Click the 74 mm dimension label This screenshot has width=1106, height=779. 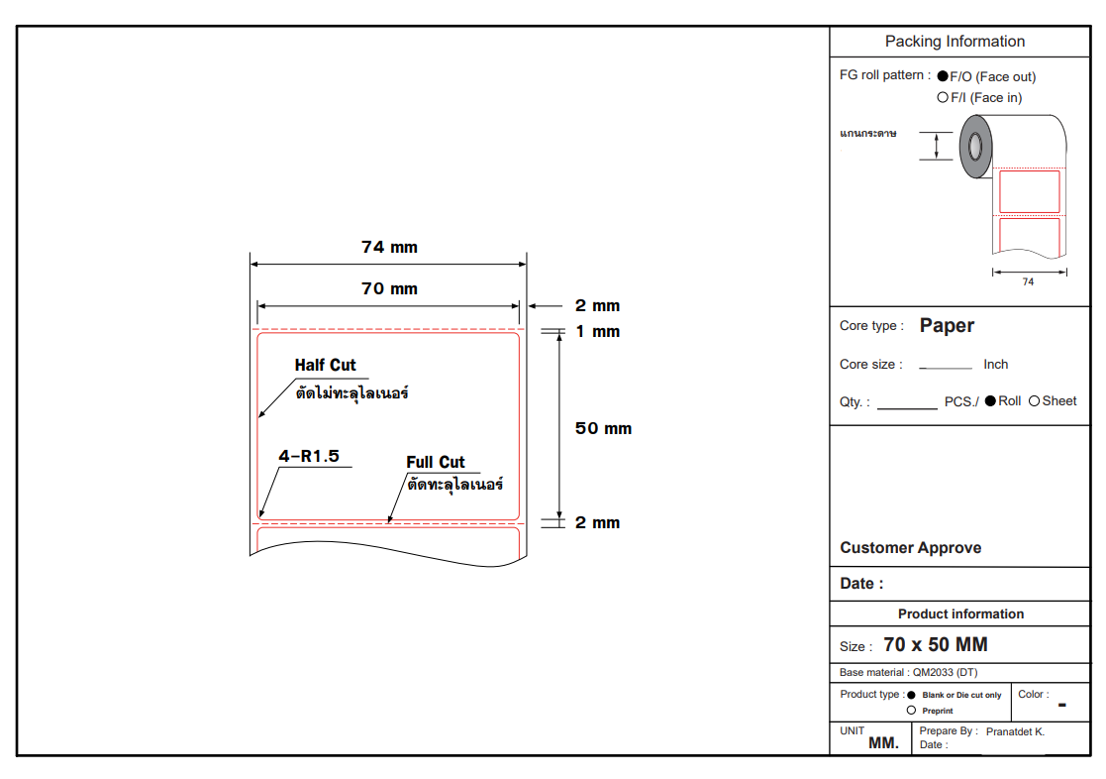[389, 247]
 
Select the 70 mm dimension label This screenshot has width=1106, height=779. [389, 288]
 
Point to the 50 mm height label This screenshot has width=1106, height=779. [603, 429]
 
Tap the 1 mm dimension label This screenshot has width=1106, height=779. [597, 332]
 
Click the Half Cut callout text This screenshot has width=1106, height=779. [325, 365]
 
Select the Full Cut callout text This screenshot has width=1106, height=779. [436, 463]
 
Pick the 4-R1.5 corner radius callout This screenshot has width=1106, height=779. [309, 456]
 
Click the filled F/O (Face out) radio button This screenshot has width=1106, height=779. [943, 76]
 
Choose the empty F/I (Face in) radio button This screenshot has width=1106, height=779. [943, 97]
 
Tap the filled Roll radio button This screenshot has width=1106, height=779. [990, 401]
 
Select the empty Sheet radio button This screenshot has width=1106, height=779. [1034, 401]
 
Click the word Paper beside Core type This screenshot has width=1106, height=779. [947, 326]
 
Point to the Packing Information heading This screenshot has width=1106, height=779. [955, 42]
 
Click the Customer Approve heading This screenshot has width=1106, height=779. [911, 548]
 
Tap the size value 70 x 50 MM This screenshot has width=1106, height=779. [936, 645]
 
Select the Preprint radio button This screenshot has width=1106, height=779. [911, 711]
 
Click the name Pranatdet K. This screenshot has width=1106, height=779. [1015, 731]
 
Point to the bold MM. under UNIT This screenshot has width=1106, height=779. [884, 743]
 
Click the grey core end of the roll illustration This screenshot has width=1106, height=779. [975, 147]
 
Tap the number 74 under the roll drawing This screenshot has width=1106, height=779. [1029, 281]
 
